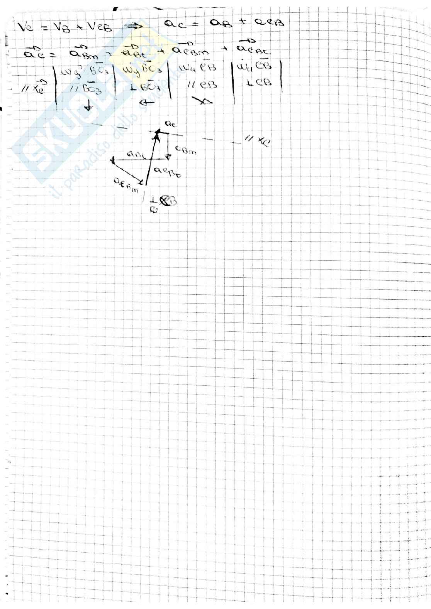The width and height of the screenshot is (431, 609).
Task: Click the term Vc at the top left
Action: (x=26, y=28)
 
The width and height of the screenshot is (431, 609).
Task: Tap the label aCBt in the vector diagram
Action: (x=167, y=172)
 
